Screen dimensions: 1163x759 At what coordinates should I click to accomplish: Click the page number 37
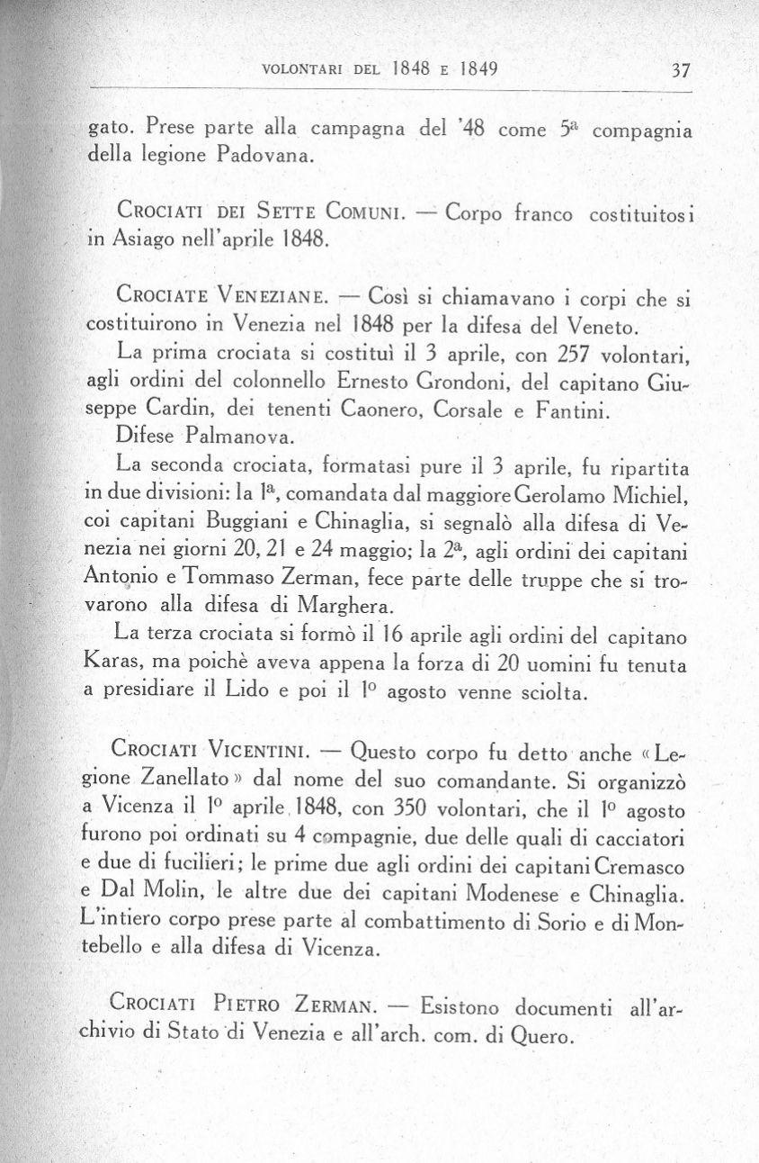coord(672,70)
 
